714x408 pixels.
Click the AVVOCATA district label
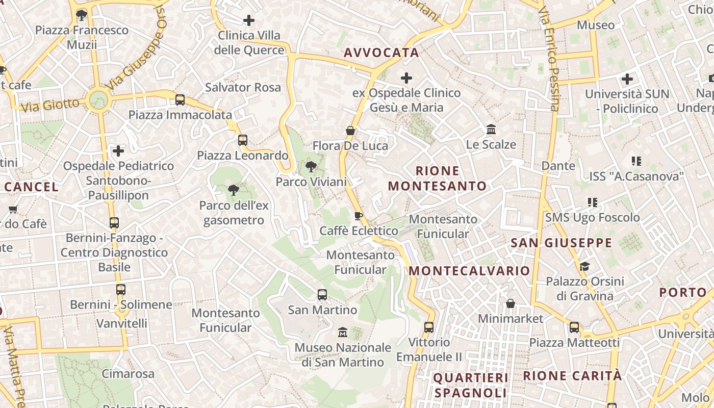click(x=381, y=53)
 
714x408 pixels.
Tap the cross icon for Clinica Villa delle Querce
click(x=249, y=20)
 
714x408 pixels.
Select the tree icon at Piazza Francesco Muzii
click(x=81, y=15)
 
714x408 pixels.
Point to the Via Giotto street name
click(x=50, y=106)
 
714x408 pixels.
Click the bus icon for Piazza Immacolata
click(x=180, y=100)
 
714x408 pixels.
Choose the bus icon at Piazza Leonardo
click(x=243, y=140)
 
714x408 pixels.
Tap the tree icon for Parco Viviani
click(x=311, y=166)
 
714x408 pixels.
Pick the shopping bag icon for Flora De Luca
click(x=350, y=131)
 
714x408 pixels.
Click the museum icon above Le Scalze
click(x=491, y=129)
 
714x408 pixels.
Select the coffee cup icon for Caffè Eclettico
click(x=359, y=216)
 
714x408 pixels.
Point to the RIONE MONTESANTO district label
click(x=437, y=178)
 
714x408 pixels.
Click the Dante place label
click(x=558, y=166)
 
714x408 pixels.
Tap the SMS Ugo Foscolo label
click(x=592, y=218)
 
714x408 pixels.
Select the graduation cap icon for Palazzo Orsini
click(x=584, y=266)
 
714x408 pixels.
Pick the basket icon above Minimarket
click(x=511, y=303)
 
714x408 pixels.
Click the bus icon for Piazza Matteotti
click(x=574, y=327)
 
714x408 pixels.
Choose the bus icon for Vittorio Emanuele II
click(x=429, y=327)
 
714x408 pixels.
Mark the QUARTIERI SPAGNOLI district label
click(x=470, y=385)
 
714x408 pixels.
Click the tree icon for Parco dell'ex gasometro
click(x=234, y=191)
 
